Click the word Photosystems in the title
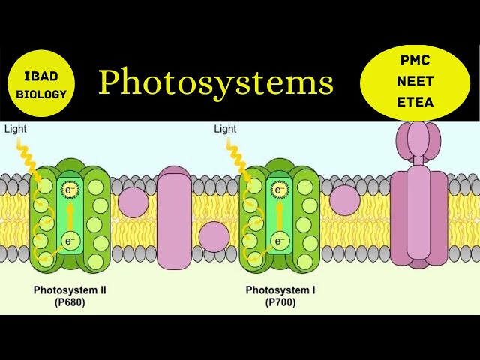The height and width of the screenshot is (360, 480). [x=216, y=82]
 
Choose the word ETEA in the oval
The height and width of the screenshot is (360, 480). [x=414, y=102]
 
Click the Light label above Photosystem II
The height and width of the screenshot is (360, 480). [x=15, y=129]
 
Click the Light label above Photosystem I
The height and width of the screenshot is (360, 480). [x=225, y=129]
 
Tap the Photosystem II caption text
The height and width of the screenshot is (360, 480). [x=70, y=289]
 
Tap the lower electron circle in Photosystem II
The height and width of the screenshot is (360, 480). [x=70, y=241]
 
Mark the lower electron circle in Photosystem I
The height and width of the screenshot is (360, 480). [x=280, y=241]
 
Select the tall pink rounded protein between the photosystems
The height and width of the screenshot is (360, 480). [x=175, y=219]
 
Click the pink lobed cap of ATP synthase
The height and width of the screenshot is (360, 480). [x=420, y=142]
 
